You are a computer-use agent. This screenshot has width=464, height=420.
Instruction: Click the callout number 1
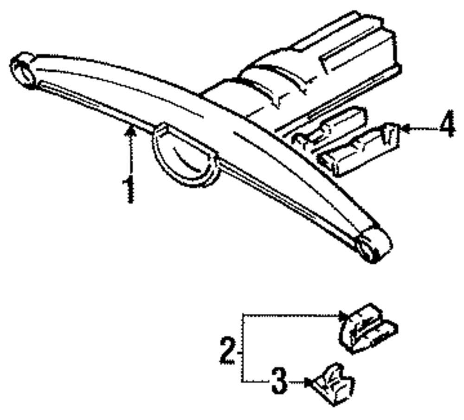(x=129, y=189)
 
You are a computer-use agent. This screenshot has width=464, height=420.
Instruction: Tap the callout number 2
(x=227, y=351)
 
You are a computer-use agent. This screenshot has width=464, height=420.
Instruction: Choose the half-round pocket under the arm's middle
(x=184, y=158)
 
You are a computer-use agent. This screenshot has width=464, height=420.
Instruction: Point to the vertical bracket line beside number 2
(x=242, y=348)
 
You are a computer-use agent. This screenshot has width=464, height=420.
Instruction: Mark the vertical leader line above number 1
(x=131, y=155)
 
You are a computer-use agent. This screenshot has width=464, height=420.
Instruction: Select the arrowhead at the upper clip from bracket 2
(x=343, y=316)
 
